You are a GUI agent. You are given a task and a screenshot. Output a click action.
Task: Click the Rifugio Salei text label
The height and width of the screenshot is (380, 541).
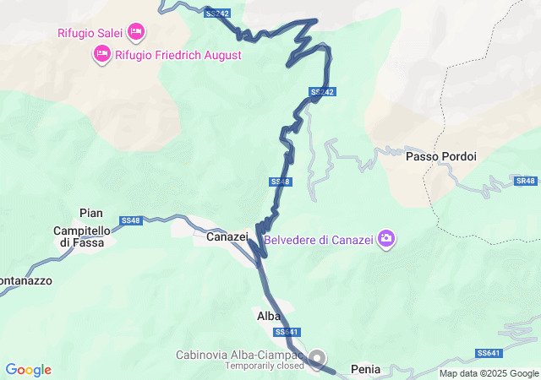(x=90, y=34)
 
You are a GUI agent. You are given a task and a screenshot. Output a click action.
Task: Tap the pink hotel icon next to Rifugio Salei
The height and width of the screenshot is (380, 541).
(x=136, y=33)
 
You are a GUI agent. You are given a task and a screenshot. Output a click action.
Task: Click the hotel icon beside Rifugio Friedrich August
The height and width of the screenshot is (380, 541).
(x=101, y=55)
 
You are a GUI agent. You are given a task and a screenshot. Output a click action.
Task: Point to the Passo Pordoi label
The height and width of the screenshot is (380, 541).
(x=441, y=156)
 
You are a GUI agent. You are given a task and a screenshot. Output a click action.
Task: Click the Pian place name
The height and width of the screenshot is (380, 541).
(x=90, y=213)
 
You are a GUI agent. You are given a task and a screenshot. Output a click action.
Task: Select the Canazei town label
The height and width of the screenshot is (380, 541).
(x=227, y=238)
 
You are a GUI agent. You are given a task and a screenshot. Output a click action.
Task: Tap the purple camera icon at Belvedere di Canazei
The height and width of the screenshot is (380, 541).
(x=386, y=238)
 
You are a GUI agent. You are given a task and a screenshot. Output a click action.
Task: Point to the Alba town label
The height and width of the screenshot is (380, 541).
(x=268, y=316)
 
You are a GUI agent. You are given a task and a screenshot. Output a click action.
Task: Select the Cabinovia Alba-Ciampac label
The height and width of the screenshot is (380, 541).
(x=241, y=354)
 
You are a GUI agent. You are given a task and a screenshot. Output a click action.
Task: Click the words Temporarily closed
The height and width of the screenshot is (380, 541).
(x=264, y=366)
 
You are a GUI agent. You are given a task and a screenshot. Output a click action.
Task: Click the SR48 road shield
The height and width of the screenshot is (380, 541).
(x=525, y=182)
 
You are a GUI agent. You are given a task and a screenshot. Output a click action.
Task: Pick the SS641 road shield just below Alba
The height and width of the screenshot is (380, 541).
(x=287, y=332)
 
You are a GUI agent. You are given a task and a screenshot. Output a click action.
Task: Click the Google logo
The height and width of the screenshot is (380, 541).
(x=29, y=370)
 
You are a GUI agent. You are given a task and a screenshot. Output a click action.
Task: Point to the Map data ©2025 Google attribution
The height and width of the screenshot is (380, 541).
(x=488, y=373)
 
